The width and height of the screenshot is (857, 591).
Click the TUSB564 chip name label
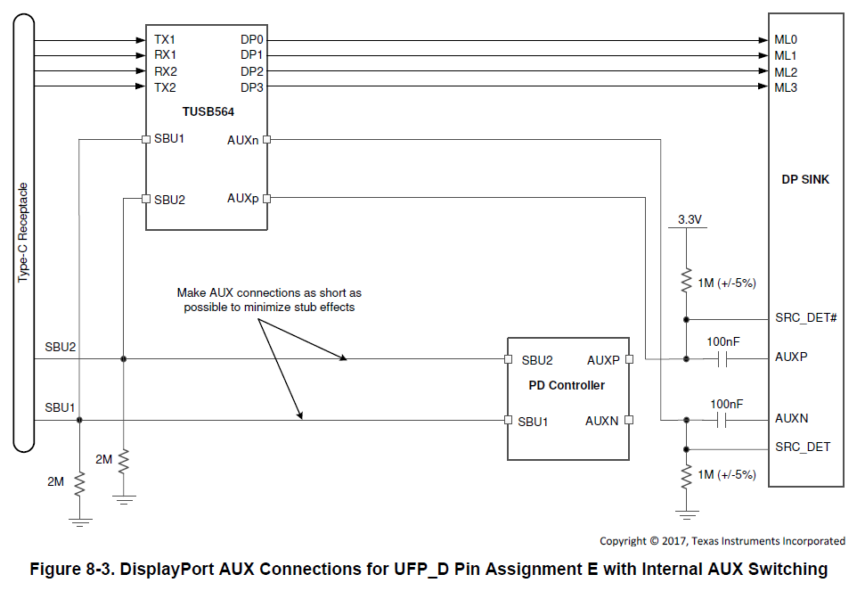point(208,111)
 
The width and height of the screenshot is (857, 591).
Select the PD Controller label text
point(567,385)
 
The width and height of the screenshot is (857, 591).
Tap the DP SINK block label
point(805,179)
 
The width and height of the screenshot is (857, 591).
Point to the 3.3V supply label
point(690,219)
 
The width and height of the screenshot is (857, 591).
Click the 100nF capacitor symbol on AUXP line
point(722,359)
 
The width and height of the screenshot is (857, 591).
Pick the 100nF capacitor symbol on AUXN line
point(722,421)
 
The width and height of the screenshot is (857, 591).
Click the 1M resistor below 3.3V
point(686,281)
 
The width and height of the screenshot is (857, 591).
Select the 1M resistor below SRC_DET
point(686,476)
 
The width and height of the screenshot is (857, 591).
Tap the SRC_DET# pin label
point(805,317)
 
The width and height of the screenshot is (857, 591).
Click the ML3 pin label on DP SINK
point(786,87)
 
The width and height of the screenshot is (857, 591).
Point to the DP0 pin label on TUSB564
point(252,39)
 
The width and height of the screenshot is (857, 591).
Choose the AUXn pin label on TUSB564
point(242,140)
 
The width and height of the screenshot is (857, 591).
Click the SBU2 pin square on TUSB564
point(146,199)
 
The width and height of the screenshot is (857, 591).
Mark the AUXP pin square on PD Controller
point(629,359)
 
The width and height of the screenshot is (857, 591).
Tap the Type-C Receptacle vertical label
point(23,233)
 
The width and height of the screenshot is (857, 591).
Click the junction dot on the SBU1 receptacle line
point(79,420)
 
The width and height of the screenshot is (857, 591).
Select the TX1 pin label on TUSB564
point(165,39)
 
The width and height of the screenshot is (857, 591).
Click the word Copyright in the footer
point(623,541)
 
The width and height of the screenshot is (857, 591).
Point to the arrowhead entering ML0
point(763,40)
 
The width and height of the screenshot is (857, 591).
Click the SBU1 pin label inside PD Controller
point(533,422)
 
